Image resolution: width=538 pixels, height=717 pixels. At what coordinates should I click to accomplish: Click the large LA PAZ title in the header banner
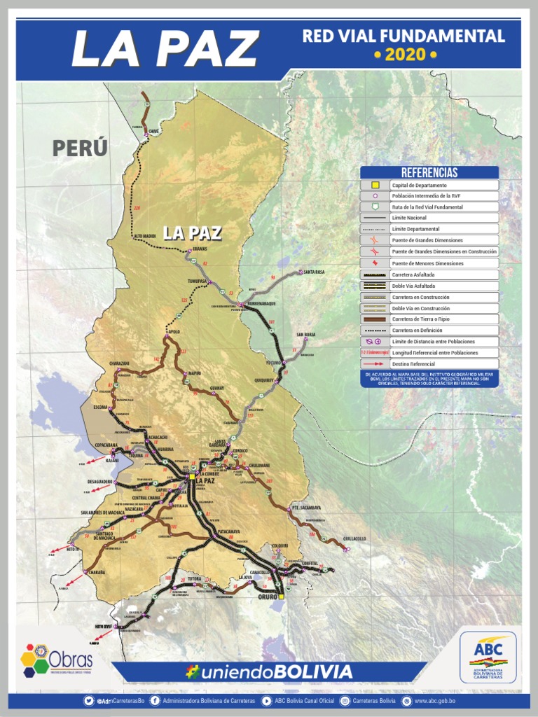(165, 48)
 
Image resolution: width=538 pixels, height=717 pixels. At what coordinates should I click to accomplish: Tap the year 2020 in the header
(405, 55)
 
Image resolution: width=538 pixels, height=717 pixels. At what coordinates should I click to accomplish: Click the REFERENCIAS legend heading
(429, 172)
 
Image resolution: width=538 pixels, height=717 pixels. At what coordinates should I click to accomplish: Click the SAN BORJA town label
(306, 335)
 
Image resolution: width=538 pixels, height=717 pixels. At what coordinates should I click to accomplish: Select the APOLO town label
(174, 331)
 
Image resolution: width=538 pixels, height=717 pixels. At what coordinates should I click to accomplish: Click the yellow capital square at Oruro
(281, 597)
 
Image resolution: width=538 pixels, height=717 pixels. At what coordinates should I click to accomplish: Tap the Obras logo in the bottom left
(56, 660)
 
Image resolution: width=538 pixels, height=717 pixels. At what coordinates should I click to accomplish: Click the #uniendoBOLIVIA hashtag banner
(269, 672)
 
